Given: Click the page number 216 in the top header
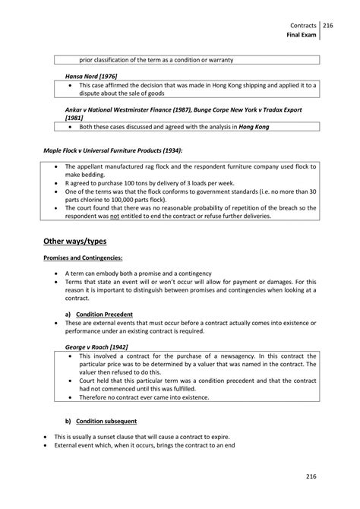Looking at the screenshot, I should pos(328,25).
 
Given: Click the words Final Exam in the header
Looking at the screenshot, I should pos(302,35).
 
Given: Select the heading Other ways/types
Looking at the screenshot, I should pos(74,241).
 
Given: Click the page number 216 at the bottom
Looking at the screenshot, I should pos(311,476).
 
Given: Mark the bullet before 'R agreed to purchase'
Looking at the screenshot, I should pos(58,183).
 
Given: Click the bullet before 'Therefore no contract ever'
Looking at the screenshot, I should pos(71,396).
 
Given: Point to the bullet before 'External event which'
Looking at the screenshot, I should pos(46,446).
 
